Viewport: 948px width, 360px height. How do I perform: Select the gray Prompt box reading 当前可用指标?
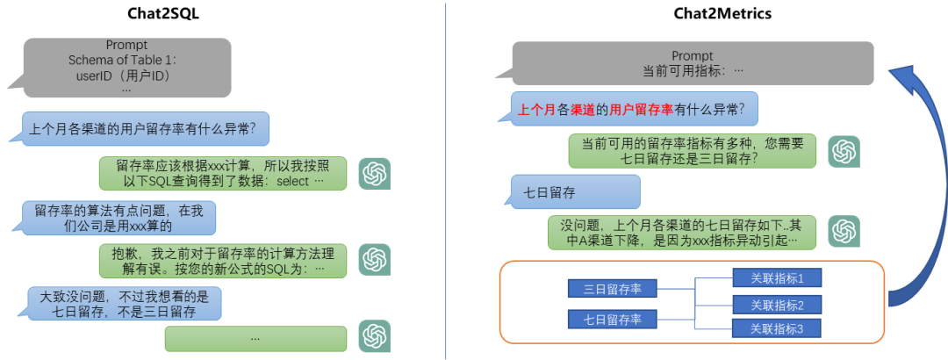click(693, 63)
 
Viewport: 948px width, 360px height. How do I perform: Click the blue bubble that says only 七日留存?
click(576, 191)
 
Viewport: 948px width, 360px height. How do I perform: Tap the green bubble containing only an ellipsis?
click(255, 338)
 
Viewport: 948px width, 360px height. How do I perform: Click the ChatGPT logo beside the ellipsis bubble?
click(375, 336)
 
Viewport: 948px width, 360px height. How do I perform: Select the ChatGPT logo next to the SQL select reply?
click(375, 173)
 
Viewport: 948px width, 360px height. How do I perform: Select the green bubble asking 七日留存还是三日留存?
click(693, 151)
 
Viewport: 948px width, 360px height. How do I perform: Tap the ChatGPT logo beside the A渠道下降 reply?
click(844, 232)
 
